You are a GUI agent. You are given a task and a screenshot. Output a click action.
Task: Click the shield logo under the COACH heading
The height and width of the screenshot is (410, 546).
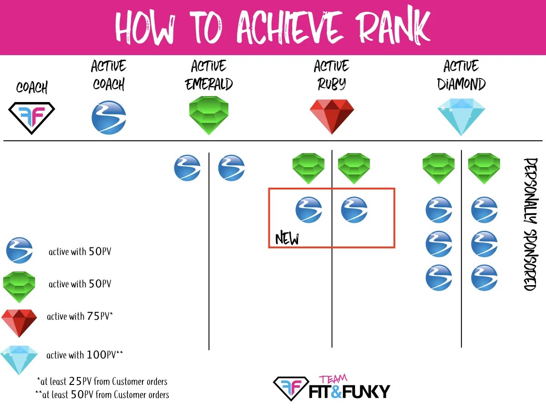(x=32, y=117)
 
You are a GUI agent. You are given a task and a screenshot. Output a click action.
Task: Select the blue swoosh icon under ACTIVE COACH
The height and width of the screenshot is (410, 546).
(x=109, y=117)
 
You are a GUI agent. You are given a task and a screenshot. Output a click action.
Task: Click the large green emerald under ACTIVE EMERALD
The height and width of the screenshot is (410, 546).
(x=209, y=115)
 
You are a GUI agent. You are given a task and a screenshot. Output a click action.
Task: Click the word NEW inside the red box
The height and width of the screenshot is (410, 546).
(x=287, y=239)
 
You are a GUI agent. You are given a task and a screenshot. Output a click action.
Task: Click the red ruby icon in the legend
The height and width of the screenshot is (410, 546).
(x=19, y=322)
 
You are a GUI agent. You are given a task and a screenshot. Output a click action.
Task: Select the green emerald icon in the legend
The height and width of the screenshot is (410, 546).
(x=19, y=287)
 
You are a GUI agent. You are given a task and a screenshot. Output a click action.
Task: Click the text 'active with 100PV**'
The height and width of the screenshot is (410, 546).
(x=85, y=355)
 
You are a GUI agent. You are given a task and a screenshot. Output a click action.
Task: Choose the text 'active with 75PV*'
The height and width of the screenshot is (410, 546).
(x=80, y=317)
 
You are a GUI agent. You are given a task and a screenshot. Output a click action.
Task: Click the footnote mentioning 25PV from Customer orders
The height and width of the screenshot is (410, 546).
(x=102, y=381)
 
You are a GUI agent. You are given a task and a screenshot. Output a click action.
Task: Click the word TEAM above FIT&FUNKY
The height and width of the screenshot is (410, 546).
(x=333, y=379)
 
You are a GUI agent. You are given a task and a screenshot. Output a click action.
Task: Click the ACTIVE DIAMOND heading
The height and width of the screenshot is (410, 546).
(x=461, y=75)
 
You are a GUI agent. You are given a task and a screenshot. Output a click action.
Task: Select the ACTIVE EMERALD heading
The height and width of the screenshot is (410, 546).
(x=209, y=75)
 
